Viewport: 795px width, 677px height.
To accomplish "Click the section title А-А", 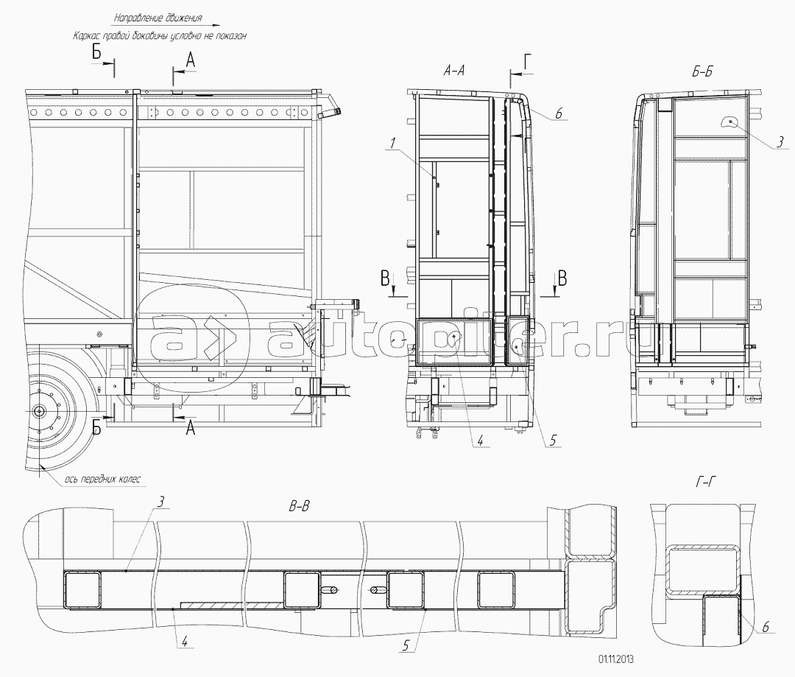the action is click(x=453, y=71).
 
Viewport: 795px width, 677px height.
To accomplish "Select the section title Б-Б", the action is click(x=702, y=72).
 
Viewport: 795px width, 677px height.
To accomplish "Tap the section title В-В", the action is click(x=299, y=506).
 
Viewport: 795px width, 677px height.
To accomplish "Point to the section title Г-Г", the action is click(x=705, y=482).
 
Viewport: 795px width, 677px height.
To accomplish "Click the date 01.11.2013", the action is click(x=616, y=659).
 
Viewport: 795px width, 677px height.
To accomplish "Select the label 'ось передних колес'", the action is click(x=103, y=479).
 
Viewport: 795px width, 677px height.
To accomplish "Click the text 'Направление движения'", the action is click(x=158, y=18).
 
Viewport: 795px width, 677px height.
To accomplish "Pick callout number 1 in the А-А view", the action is click(x=392, y=144).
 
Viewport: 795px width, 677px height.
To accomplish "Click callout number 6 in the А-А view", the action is click(x=558, y=113).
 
